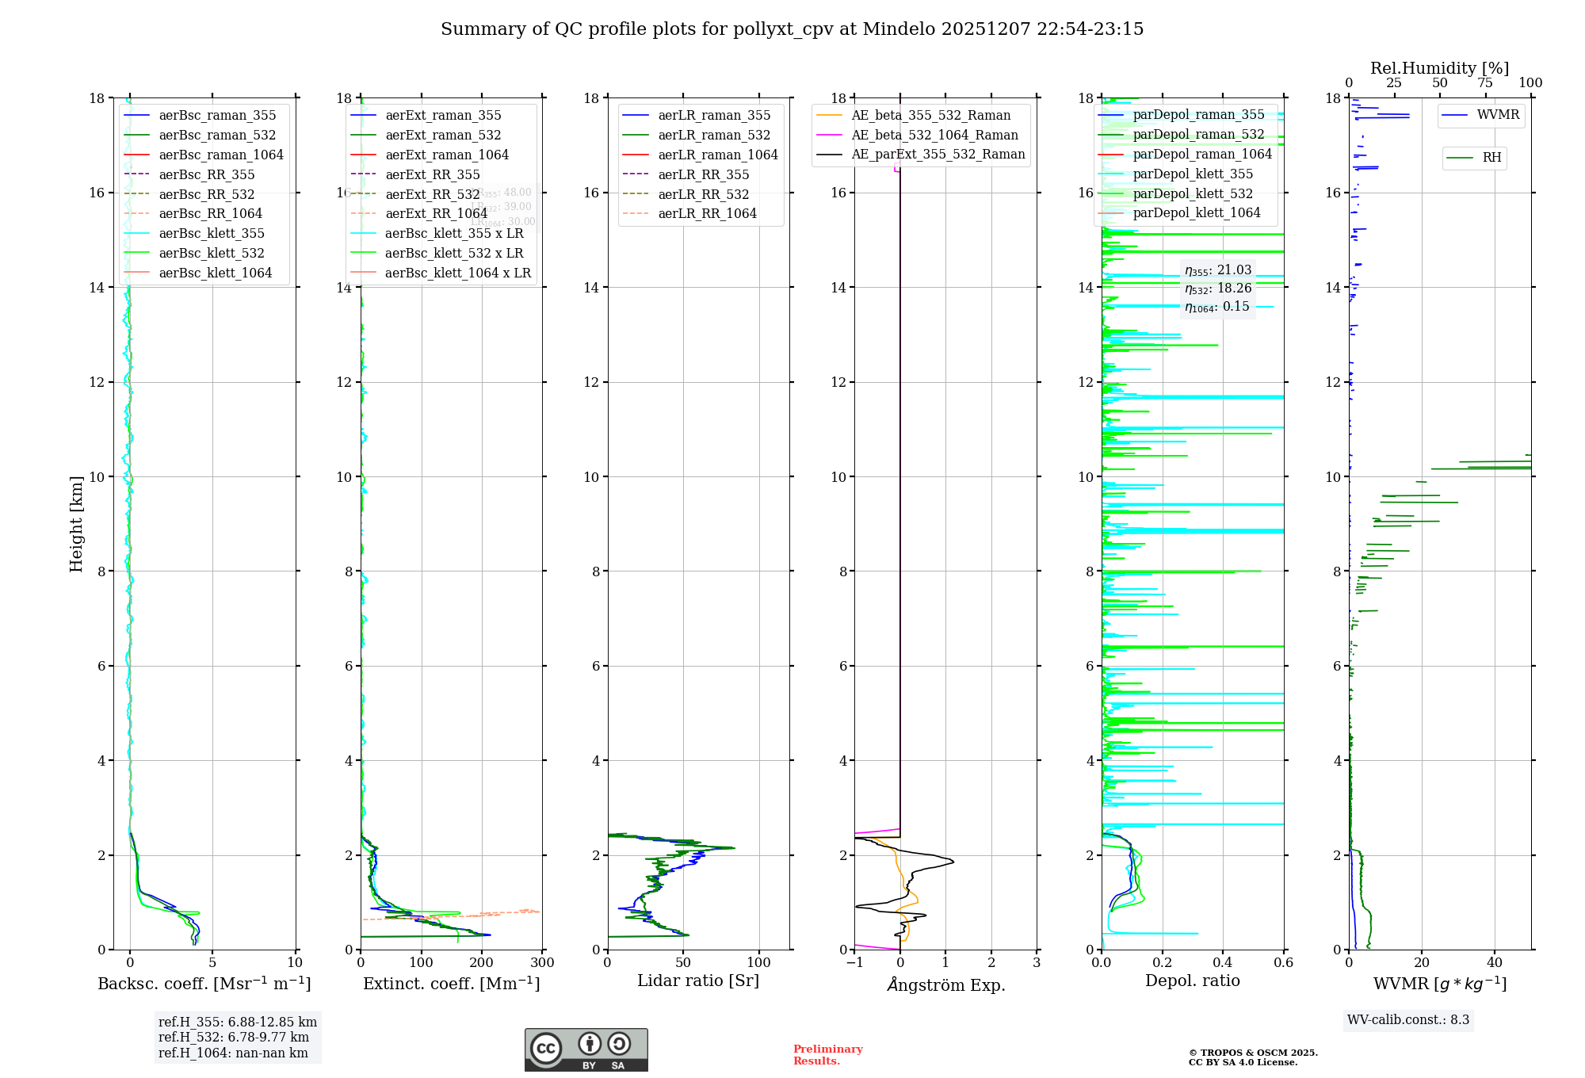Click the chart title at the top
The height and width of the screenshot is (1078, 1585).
(792, 29)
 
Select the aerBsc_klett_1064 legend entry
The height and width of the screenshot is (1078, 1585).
(215, 273)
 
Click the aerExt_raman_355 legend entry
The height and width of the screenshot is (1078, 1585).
(443, 116)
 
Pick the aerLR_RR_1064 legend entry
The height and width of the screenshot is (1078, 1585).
(707, 214)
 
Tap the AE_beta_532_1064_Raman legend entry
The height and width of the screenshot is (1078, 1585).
(934, 136)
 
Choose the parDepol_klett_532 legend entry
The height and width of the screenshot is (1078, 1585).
(1193, 193)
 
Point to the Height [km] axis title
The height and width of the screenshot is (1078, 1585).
(76, 523)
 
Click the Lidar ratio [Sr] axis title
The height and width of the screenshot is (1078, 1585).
(698, 981)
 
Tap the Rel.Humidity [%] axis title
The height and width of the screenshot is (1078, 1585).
(1439, 68)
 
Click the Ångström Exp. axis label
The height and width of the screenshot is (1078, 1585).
(945, 985)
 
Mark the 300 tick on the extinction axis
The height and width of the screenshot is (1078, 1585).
(543, 963)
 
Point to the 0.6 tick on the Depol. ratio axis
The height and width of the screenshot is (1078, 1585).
(1283, 963)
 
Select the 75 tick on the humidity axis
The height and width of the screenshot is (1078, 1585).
(1485, 83)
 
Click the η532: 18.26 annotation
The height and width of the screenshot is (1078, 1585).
(1218, 289)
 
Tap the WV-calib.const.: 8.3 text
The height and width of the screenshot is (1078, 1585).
(1408, 1020)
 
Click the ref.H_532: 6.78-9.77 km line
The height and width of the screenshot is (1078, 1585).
(234, 1038)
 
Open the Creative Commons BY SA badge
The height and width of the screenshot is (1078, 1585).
(586, 1049)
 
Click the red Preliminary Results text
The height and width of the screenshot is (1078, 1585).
(827, 1055)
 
